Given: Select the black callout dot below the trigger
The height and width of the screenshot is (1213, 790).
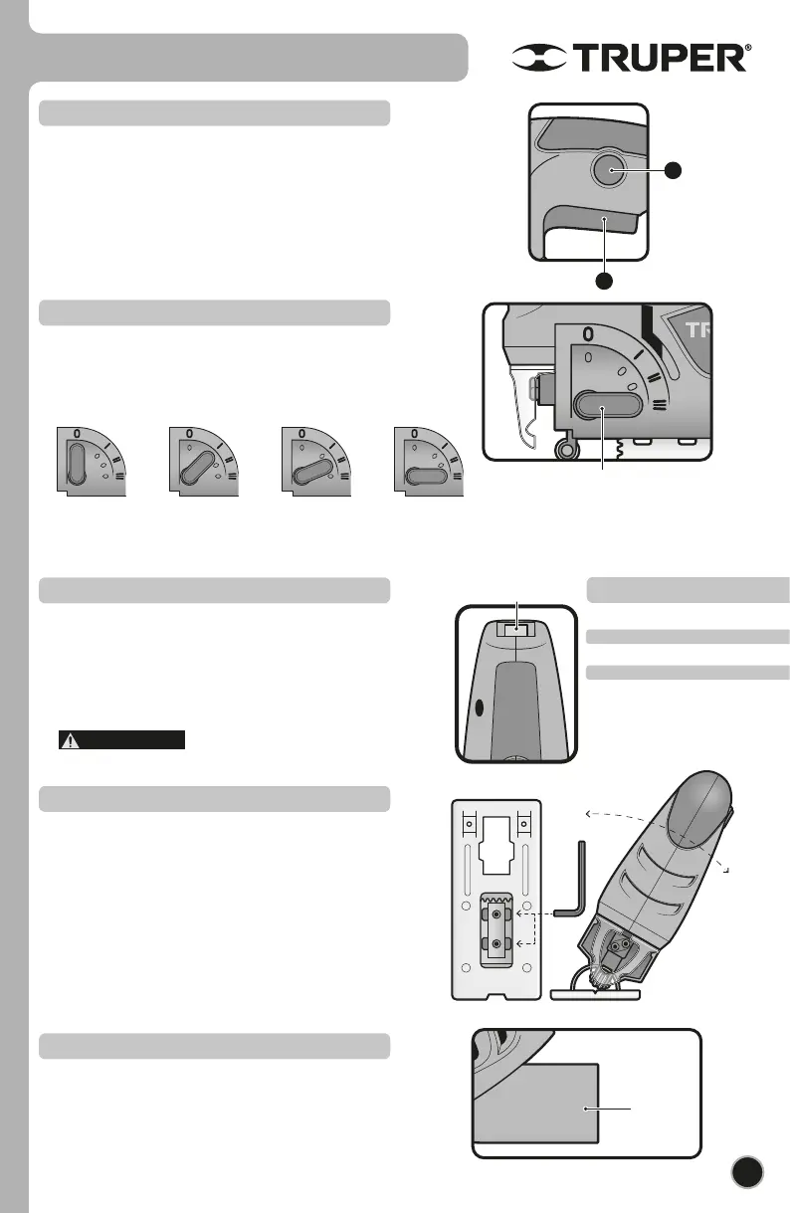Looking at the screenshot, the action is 602,280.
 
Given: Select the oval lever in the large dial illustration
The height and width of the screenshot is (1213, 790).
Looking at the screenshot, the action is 603,406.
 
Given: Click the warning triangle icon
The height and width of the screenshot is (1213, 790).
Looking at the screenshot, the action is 70,739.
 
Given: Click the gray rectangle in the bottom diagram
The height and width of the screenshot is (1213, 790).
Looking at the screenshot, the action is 536,1105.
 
